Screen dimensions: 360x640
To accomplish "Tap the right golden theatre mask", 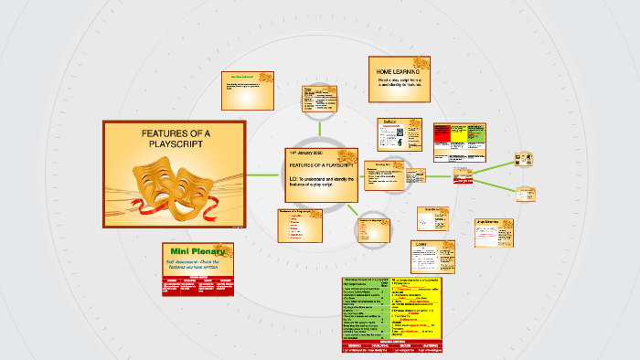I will (194, 189).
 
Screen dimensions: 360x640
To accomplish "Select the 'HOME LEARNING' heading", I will (399, 70).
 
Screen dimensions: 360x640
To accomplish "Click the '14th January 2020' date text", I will (307, 152).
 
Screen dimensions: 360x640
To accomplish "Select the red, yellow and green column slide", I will (461, 139).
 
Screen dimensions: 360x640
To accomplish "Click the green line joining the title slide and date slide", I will (264, 174).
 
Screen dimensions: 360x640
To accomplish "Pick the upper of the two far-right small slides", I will (525, 158).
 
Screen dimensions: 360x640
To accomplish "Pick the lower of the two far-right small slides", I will (525, 193).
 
